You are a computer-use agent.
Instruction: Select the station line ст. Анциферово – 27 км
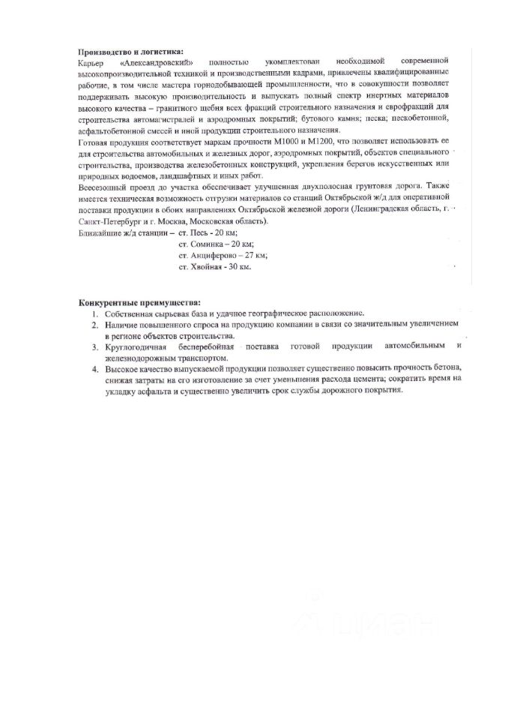pos(223,255)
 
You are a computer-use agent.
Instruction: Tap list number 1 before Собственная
pos(94,313)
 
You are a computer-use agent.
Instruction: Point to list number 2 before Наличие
pos(94,325)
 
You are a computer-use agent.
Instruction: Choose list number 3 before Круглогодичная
pos(94,346)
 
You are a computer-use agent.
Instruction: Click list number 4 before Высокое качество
pos(94,369)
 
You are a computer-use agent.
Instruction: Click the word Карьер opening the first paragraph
pos(91,61)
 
